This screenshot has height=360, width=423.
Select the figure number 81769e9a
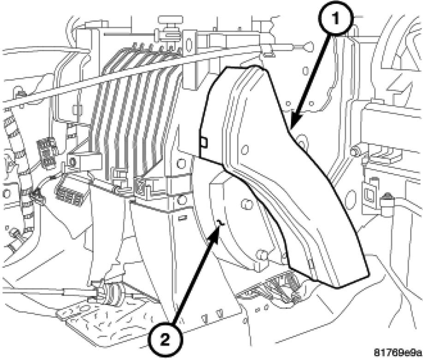tap(398, 352)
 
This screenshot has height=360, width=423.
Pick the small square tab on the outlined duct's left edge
tap(204, 142)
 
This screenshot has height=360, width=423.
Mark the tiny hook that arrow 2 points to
tap(220, 223)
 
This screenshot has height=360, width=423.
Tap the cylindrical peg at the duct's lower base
tap(260, 255)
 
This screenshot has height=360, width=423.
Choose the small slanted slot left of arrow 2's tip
tap(182, 217)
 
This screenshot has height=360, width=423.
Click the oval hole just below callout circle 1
tap(305, 71)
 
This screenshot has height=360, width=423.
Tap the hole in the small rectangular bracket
tap(72, 162)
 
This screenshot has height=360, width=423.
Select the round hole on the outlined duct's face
tap(245, 149)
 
